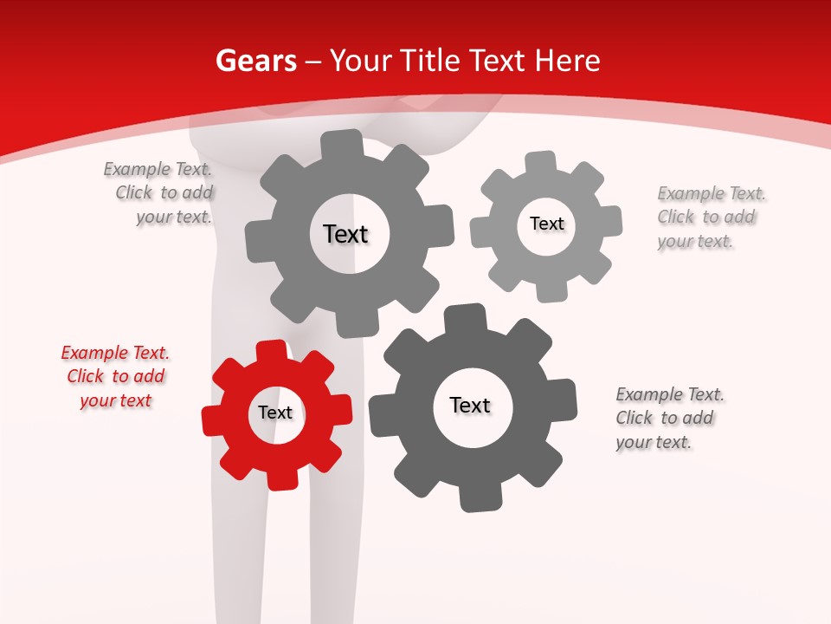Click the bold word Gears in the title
(255, 61)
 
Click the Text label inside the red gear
(275, 413)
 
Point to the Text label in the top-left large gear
(345, 234)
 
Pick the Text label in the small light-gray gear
(546, 224)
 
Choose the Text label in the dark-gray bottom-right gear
(470, 405)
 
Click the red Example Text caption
(115, 376)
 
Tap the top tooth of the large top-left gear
(341, 144)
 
